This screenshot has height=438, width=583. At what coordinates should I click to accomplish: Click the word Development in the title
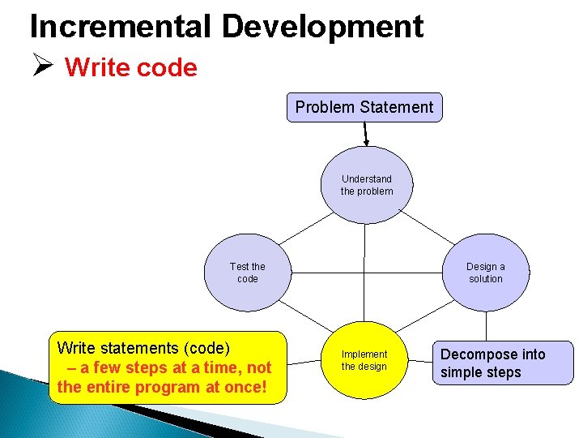322,26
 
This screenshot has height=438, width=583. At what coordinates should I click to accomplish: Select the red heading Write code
131,67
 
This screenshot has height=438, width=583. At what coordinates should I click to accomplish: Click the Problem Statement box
364,107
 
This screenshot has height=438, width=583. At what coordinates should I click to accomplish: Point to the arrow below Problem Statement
366,134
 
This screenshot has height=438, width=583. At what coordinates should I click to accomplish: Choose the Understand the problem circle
366,185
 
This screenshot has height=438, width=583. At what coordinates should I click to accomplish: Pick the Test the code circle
247,273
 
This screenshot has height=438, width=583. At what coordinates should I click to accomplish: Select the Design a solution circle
486,273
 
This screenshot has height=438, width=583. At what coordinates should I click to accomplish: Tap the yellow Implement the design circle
364,361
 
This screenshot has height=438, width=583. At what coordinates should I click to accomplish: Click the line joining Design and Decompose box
486,326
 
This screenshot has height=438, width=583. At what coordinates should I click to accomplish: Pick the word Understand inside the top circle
366,178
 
